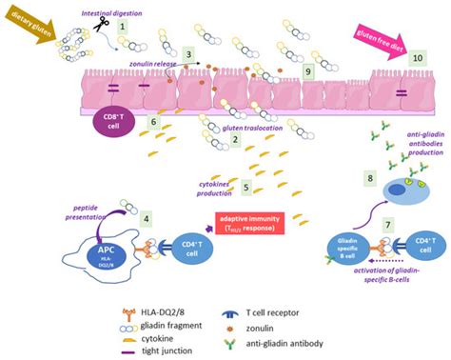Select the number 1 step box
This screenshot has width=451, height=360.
[x=122, y=30]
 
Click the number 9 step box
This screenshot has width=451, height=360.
[x=306, y=71]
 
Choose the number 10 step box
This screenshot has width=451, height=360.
[x=415, y=58]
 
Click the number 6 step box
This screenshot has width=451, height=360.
[x=153, y=121]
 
